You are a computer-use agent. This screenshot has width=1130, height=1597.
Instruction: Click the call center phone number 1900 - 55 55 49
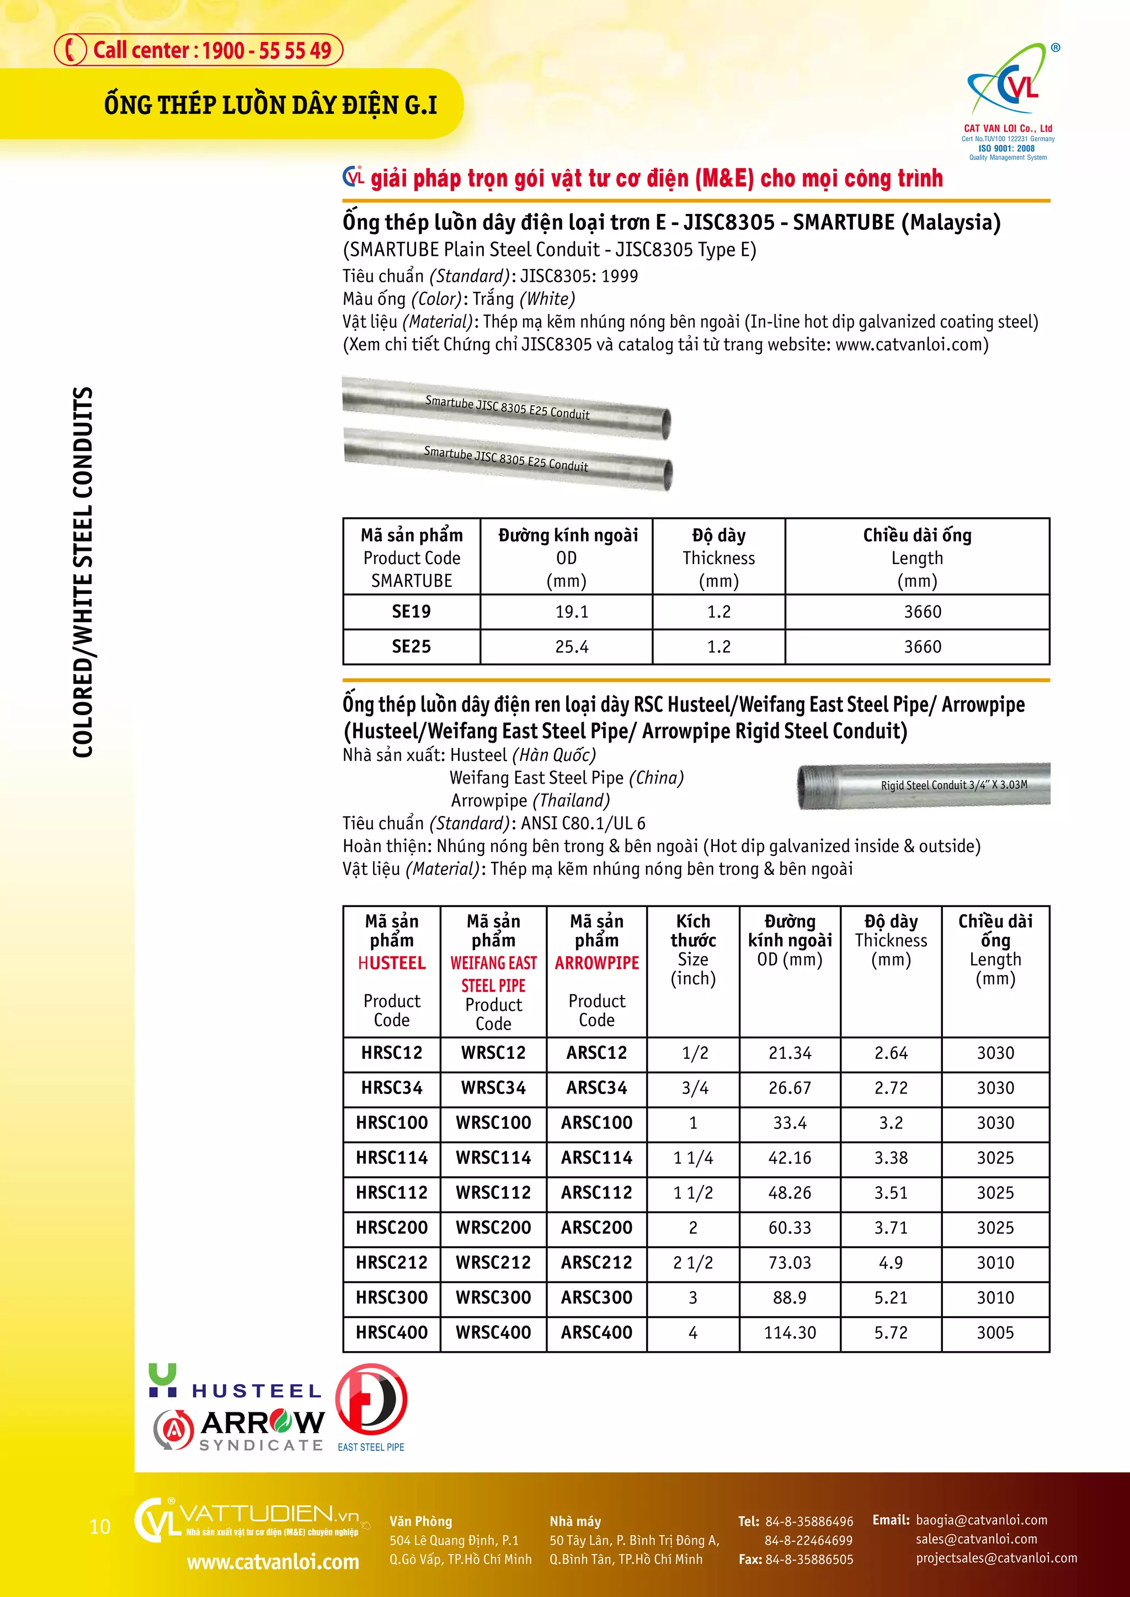[266, 51]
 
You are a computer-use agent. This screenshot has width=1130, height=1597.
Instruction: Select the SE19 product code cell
[411, 612]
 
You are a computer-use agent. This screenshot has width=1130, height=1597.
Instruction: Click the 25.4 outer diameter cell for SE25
[571, 647]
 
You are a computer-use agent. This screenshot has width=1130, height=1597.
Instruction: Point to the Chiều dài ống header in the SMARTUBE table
[917, 535]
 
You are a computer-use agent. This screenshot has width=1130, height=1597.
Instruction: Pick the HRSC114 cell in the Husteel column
[392, 1157]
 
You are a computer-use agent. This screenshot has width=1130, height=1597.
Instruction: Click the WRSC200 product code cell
[493, 1227]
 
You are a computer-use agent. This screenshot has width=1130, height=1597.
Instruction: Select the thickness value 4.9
[891, 1262]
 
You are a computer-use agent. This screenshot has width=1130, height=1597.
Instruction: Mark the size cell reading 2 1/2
[693, 1262]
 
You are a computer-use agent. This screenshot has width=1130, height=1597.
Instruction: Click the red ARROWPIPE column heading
[596, 963]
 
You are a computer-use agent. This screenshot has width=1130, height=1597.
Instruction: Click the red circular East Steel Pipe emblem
[371, 1400]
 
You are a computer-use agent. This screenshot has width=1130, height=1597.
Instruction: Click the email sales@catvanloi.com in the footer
[976, 1539]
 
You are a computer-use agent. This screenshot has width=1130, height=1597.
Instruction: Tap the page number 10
[100, 1527]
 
